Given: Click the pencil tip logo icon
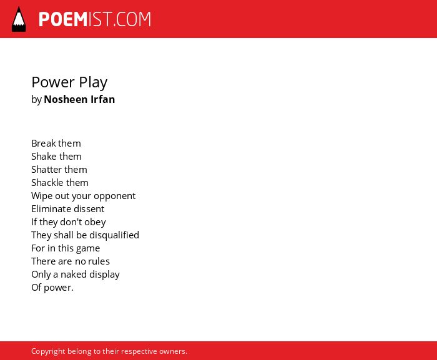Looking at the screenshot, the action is click(x=19, y=19).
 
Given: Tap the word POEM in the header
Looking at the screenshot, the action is click(x=63, y=19).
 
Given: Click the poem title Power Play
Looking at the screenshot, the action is click(x=69, y=82).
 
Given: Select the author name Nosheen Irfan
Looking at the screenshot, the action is click(x=79, y=99).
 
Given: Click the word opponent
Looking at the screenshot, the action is click(x=114, y=196).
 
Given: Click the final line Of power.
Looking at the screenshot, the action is click(x=52, y=288).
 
